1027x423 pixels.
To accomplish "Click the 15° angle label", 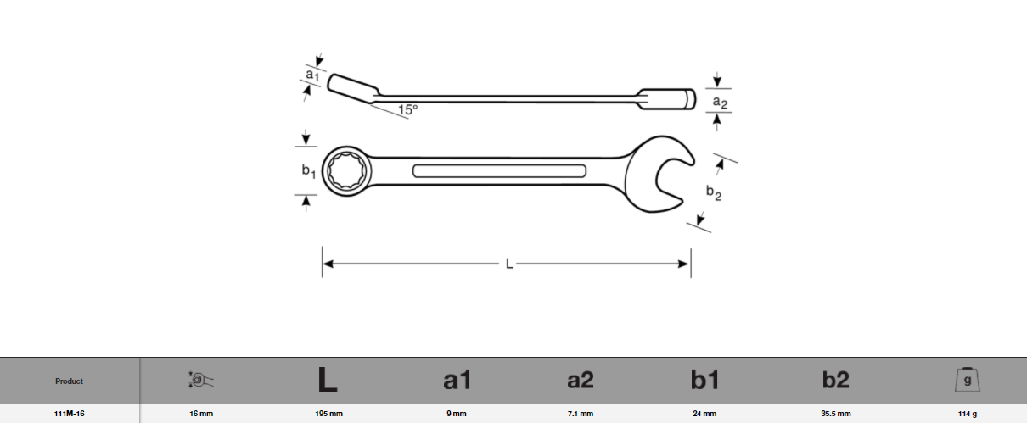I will (407, 109).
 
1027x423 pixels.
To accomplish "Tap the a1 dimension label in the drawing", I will (311, 76).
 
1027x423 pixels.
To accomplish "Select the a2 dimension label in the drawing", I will (720, 102).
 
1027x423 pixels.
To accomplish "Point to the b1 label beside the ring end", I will (309, 171).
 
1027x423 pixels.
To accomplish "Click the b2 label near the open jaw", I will (714, 193).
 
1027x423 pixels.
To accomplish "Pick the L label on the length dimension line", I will (509, 264).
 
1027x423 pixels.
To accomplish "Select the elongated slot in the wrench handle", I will (499, 170).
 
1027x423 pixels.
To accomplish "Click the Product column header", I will (70, 381).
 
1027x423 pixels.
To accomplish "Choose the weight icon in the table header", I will (968, 380).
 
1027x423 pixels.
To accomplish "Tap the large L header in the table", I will (328, 381).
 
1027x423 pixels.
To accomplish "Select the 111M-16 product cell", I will (70, 415).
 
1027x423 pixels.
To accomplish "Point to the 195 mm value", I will (328, 415).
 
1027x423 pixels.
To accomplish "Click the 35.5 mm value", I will (836, 415).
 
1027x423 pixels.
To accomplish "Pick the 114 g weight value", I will (967, 415).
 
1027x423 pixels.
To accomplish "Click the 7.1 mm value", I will (580, 415).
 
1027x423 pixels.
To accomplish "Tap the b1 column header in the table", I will (704, 381).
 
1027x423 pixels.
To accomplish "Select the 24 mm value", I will (704, 415).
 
